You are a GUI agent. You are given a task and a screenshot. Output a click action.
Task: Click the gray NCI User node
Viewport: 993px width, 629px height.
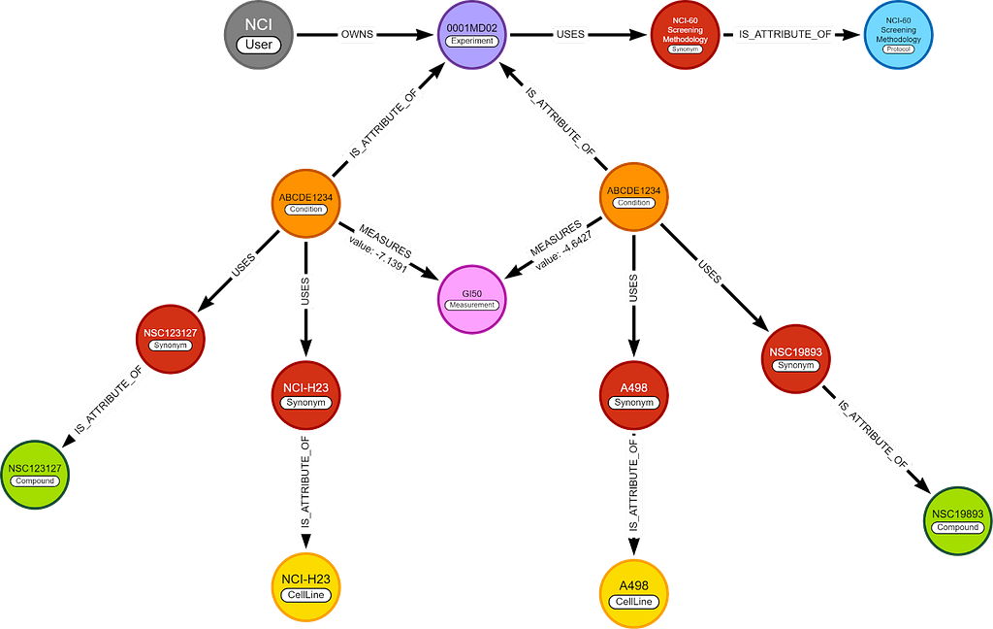258,34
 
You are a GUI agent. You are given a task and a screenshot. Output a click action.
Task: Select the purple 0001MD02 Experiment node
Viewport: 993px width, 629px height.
470,34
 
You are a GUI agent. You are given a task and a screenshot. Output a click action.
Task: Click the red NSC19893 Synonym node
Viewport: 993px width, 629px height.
794,357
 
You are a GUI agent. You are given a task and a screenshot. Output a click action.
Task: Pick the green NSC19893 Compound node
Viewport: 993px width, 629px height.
957,519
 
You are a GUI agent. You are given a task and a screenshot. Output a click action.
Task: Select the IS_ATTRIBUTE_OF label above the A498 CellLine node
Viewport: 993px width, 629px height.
633,486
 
